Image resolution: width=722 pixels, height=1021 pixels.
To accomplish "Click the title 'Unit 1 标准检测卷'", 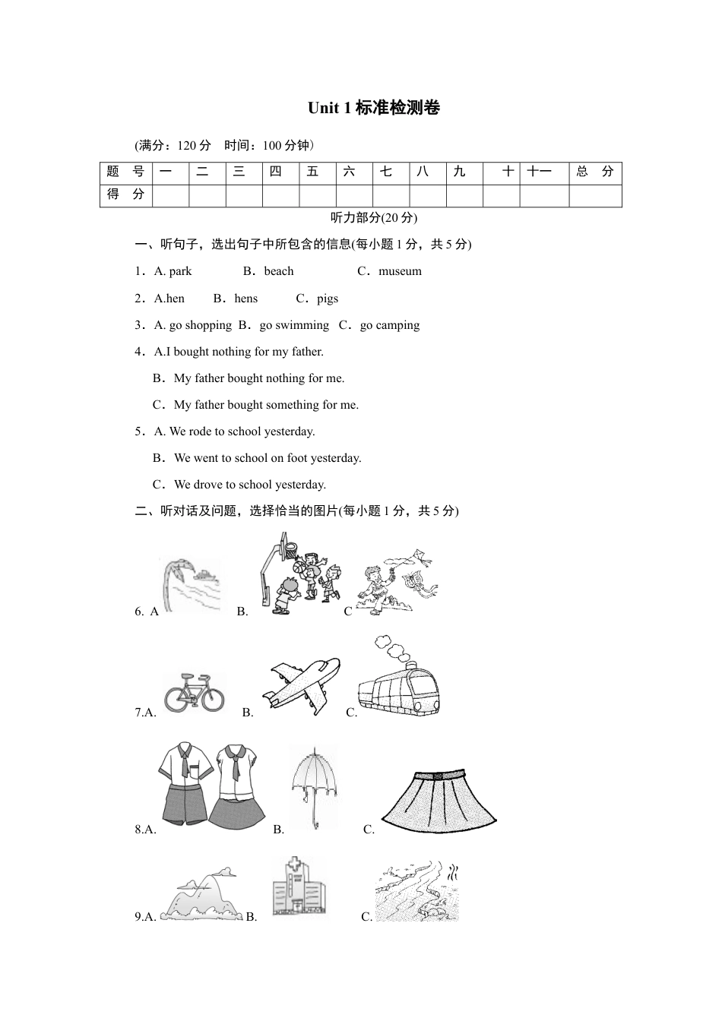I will coord(373,109).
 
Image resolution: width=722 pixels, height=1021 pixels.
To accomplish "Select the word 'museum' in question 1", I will coord(400,271).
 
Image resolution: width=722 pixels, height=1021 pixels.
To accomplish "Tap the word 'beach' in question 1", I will coord(279,271).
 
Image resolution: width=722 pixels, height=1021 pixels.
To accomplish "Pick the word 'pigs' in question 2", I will coord(328,299).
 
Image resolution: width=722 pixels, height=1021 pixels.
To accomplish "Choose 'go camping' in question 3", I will coord(389,325).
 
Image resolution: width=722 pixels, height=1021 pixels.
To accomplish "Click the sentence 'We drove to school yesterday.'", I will coord(249,485).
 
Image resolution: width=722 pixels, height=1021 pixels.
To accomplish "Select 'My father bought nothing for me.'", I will coord(258,378).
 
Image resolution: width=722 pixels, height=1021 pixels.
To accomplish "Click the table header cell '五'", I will coord(313,172).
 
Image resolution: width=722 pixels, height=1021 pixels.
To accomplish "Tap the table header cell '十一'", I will coord(540,172).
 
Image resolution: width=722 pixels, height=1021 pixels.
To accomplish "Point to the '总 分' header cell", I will coord(595,172).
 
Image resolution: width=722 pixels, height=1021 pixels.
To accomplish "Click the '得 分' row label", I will coord(125,195).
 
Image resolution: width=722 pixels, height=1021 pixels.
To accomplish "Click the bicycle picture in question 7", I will coord(194,691).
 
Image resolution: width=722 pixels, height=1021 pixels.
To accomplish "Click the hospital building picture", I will coord(299,889).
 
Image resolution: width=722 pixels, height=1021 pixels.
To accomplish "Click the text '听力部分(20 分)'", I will coord(374,218).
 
